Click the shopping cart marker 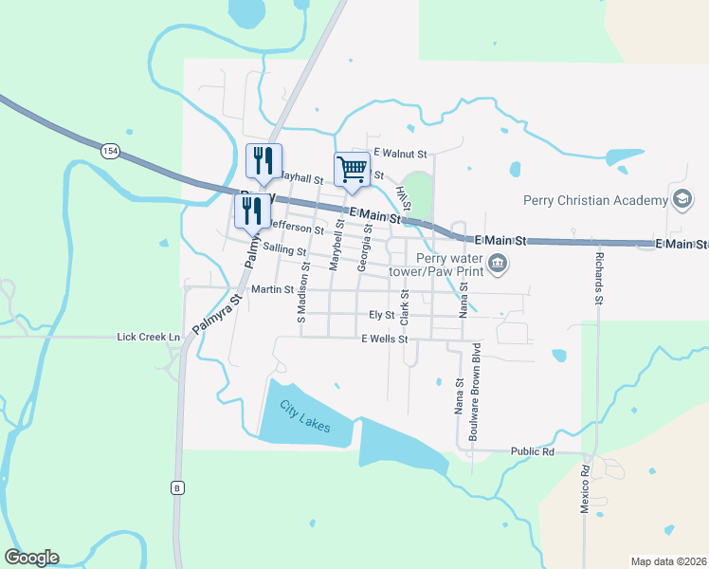pos(352,170)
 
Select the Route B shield pos(176,487)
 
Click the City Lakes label pos(304,417)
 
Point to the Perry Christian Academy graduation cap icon pos(681,199)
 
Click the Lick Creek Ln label pos(148,337)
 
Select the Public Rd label pos(532,451)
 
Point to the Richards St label pos(598,278)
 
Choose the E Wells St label pos(384,339)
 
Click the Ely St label pos(381,314)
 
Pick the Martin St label pos(274,289)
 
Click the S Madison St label pos(302,293)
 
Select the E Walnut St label pos(401,153)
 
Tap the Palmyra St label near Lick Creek pos(217,314)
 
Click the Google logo pos(31,558)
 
